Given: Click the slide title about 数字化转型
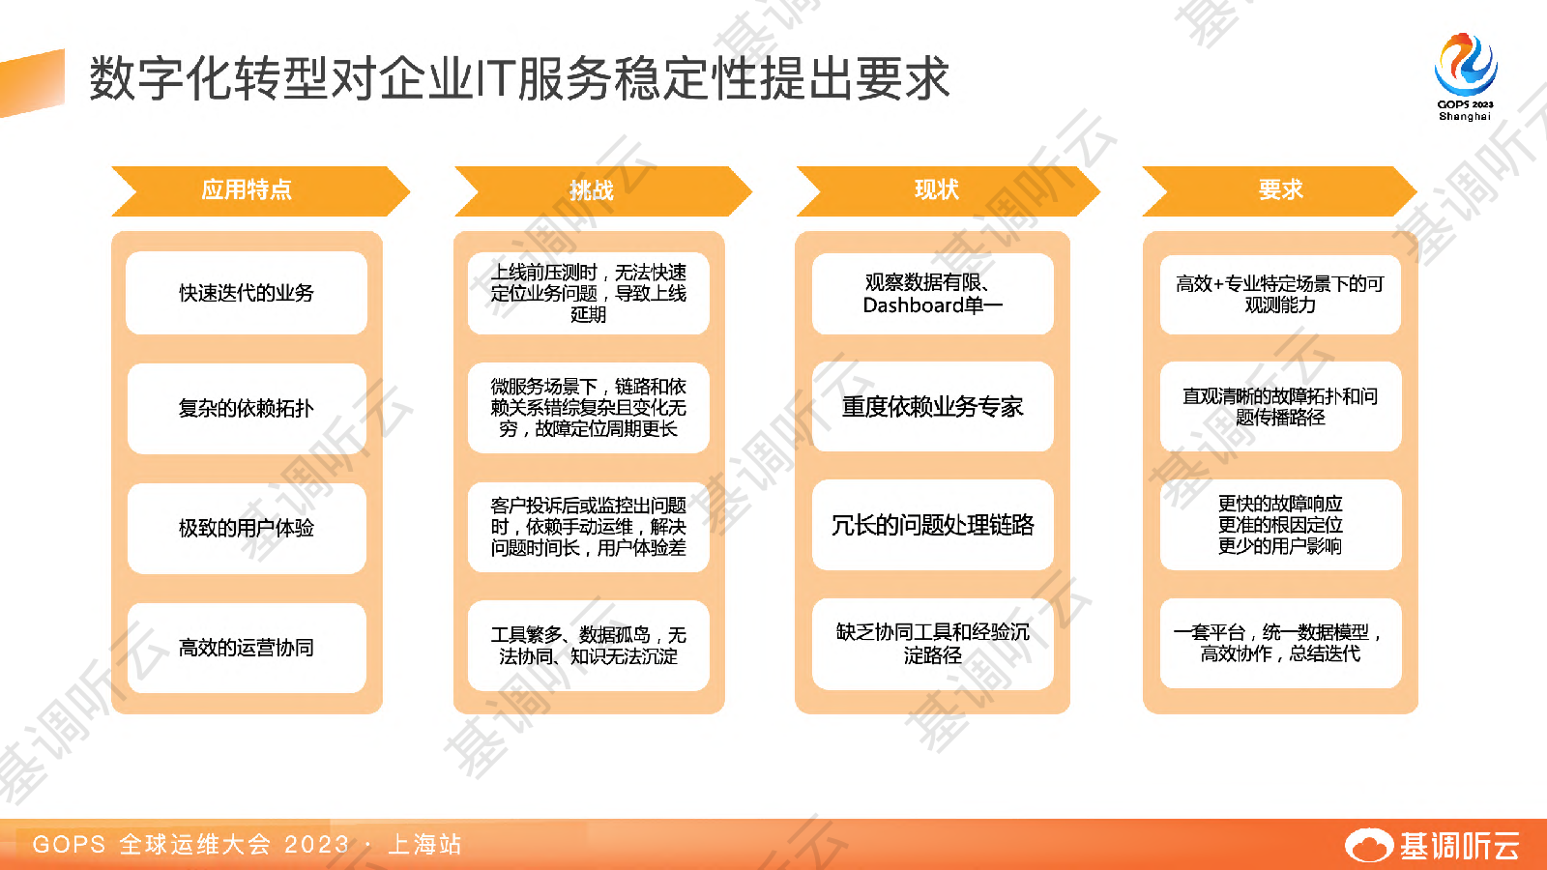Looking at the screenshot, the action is click(x=519, y=78).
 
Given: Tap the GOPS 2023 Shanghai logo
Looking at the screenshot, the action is click(x=1465, y=76).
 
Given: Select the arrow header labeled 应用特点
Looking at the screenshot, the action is click(x=260, y=190).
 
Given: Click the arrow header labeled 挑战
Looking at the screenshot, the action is click(x=603, y=190).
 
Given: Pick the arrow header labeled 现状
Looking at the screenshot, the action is click(x=948, y=190).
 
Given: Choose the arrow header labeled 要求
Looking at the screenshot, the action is click(x=1280, y=190).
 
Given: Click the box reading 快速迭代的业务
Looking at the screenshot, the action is click(x=247, y=293).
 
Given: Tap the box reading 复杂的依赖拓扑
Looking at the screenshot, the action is click(x=247, y=408).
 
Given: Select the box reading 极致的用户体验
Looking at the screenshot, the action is click(x=247, y=528).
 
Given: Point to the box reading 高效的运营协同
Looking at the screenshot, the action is click(x=247, y=648).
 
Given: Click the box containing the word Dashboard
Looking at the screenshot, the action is click(x=933, y=294).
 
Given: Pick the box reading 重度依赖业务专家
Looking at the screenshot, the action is click(x=933, y=407).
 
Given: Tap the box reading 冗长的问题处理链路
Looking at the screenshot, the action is click(x=933, y=525).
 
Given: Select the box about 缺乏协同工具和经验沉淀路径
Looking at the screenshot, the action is click(x=933, y=644).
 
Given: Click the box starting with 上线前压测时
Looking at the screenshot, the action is click(x=589, y=294).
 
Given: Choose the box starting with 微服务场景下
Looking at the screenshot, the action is click(x=589, y=407).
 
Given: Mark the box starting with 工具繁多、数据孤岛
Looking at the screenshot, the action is click(x=589, y=646).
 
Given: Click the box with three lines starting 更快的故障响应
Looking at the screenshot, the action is click(x=1280, y=525).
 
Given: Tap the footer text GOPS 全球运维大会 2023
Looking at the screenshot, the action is click(x=190, y=845).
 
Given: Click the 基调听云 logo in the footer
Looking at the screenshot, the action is click(x=1432, y=845).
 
